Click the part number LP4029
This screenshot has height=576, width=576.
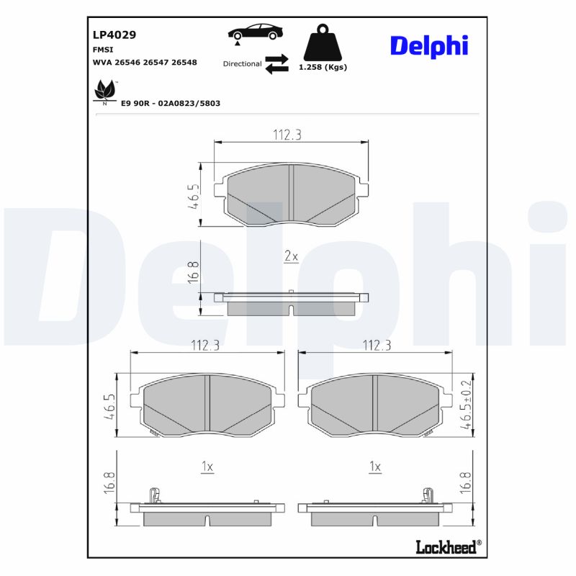(x=114, y=34)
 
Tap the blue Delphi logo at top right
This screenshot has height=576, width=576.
(x=429, y=45)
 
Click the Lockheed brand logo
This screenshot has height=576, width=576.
(x=446, y=547)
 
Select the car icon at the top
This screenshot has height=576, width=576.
(x=255, y=32)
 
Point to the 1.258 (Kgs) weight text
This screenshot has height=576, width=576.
(x=323, y=67)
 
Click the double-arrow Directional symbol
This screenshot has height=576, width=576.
(x=276, y=63)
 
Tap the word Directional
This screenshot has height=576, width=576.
(x=242, y=64)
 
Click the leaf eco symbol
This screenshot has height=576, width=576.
(x=105, y=92)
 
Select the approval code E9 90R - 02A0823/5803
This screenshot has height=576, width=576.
(x=171, y=104)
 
